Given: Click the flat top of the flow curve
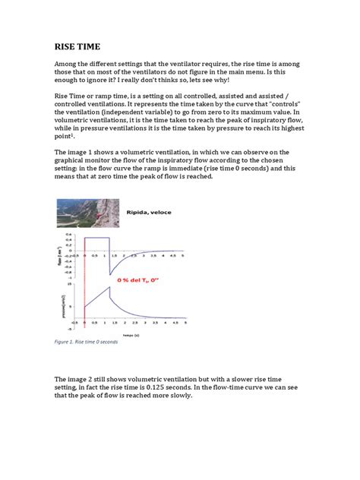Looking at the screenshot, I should (x=96, y=238).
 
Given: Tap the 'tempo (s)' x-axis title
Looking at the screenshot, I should (x=133, y=333).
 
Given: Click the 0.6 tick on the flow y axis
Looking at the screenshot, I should (x=70, y=235).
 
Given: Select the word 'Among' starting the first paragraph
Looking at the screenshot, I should (x=68, y=66).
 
